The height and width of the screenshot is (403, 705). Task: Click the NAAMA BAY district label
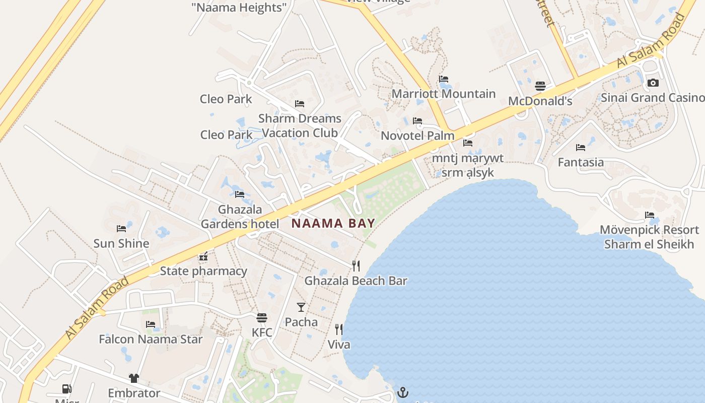click(x=333, y=223)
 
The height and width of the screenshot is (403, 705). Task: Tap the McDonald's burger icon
click(x=540, y=86)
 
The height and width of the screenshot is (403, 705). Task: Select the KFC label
click(x=262, y=332)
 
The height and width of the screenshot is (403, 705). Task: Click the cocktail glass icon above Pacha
click(x=301, y=307)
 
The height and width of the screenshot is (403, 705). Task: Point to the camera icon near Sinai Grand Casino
click(x=653, y=83)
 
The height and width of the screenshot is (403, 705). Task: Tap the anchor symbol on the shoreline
click(x=403, y=392)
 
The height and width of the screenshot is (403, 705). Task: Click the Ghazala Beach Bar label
click(x=356, y=281)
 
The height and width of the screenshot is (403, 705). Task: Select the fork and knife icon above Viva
click(x=339, y=329)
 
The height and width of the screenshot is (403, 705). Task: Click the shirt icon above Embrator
click(x=133, y=378)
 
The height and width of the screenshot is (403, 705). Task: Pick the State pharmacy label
click(x=203, y=271)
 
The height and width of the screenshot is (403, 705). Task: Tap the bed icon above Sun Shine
click(x=121, y=228)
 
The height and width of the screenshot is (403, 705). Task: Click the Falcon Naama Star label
click(x=151, y=339)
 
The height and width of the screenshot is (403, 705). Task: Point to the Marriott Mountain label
click(x=444, y=94)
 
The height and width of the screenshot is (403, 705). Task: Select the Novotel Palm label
click(x=417, y=136)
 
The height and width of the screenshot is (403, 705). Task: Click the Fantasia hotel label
click(x=581, y=162)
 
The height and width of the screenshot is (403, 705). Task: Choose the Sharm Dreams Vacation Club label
click(x=300, y=125)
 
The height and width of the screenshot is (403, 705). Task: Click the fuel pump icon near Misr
click(x=66, y=388)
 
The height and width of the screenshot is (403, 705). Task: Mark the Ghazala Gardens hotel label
click(x=240, y=217)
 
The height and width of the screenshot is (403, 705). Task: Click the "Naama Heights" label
click(x=239, y=7)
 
